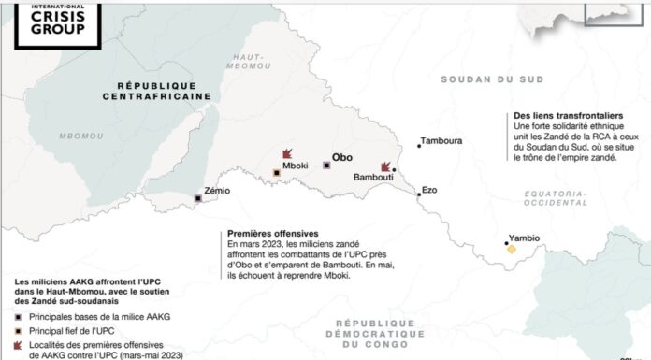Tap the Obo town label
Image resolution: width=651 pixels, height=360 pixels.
coord(343,159)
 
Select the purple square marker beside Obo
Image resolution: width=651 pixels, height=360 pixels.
coord(325,166)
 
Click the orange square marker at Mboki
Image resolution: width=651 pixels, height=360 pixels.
coord(276,173)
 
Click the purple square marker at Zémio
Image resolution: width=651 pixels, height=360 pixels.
coord(197,198)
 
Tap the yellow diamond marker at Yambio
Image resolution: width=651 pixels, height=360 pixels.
coord(512,250)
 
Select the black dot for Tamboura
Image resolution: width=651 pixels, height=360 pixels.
coord(416,145)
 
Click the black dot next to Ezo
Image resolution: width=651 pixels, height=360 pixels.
coord(417,194)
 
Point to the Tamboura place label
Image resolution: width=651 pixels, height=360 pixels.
coord(441,141)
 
